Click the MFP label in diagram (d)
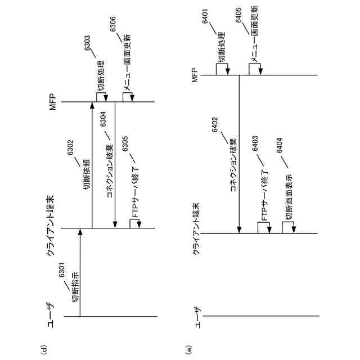(x=53, y=102)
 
